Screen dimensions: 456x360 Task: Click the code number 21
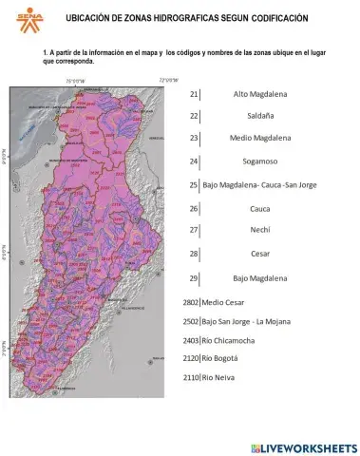(x=194, y=95)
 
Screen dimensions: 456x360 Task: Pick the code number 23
(x=194, y=139)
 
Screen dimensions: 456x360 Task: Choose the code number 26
(x=194, y=208)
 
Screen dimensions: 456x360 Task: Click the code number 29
(x=194, y=278)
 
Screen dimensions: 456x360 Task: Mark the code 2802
(x=190, y=302)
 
